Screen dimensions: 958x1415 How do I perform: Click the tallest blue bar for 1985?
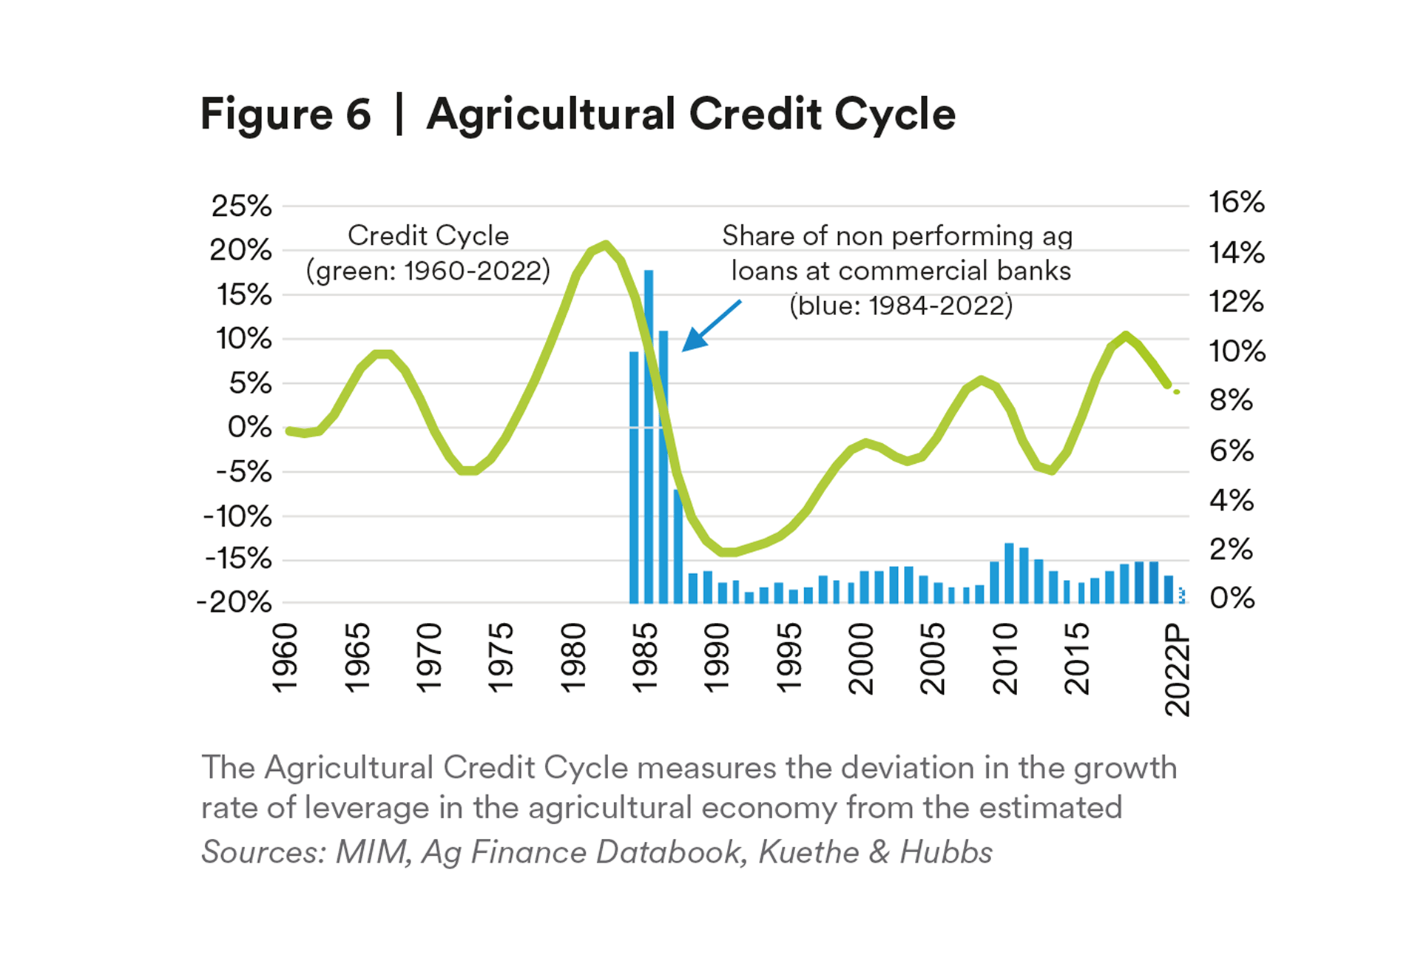[x=649, y=436]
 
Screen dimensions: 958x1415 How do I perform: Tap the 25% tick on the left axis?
[x=241, y=206]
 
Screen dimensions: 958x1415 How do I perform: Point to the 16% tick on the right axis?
[x=1236, y=202]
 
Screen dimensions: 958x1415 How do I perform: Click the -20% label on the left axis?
[x=234, y=602]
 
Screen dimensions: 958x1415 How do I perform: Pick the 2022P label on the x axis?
[x=1177, y=669]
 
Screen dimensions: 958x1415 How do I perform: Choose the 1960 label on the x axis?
[x=285, y=658]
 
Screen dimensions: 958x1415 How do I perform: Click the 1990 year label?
[x=717, y=658]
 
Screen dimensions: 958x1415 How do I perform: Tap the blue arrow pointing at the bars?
[x=711, y=325]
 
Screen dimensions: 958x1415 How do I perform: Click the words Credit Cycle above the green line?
[x=428, y=236]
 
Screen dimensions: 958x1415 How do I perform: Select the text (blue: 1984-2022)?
[x=901, y=306]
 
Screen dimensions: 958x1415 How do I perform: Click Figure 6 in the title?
[x=286, y=115]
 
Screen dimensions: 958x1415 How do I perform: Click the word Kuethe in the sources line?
[x=808, y=852]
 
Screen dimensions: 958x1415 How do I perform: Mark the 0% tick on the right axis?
[x=1232, y=598]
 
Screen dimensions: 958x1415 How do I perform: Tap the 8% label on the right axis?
[x=1231, y=400]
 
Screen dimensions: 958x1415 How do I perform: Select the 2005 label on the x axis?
[x=933, y=658]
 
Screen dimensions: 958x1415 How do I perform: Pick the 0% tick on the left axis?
[x=249, y=427]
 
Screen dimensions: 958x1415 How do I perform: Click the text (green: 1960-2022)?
[x=428, y=271]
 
